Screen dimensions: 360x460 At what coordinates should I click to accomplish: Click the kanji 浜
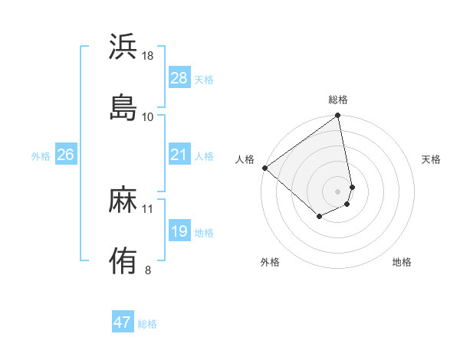coord(123,47)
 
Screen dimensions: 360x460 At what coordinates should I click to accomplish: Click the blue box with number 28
coord(179,78)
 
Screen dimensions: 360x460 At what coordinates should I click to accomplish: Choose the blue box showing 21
coord(179,155)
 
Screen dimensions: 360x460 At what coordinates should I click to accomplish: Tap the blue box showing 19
coord(179,231)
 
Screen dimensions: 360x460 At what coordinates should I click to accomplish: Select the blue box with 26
coord(65,155)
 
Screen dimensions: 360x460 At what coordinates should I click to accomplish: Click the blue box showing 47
coord(123,322)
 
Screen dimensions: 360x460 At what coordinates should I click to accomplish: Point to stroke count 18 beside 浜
coord(148,56)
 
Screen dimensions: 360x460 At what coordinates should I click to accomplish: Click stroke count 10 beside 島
coord(148,116)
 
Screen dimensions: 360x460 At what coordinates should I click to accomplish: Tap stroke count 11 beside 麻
coord(148,208)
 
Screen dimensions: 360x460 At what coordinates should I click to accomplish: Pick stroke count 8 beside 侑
coord(148,270)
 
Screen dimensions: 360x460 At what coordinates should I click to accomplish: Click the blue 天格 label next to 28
coord(204,79)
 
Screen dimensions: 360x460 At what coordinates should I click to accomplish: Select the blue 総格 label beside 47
coord(147,324)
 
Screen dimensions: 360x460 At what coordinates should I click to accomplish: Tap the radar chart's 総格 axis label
coord(338,100)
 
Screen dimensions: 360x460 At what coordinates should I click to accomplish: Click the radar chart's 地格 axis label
coord(402,263)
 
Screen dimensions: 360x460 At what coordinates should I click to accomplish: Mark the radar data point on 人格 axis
coord(264,168)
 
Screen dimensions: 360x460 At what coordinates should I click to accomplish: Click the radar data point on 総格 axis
coord(338,116)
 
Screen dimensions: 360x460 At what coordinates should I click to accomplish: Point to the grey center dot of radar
coord(338,191)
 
